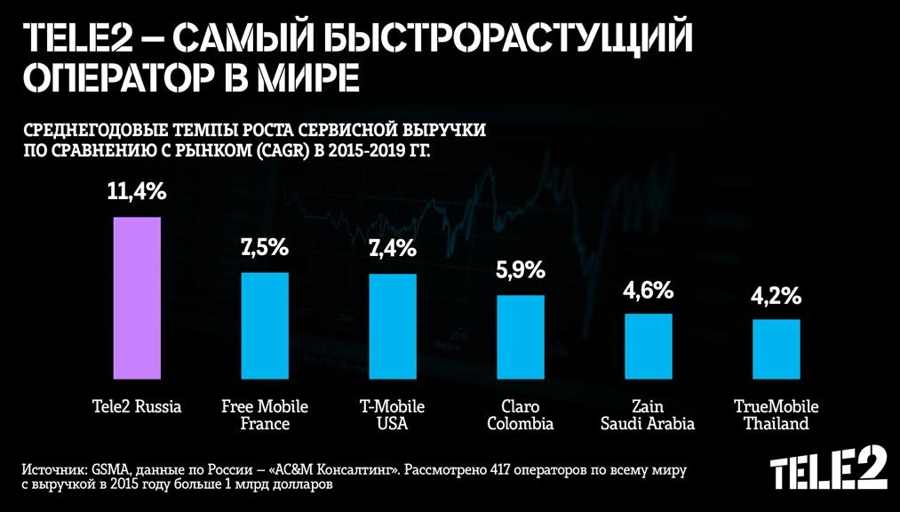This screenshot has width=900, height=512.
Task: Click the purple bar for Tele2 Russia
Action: pos(137,297)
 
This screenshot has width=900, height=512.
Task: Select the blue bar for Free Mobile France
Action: pos(265,324)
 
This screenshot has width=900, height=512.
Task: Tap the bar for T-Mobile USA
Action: pos(393,325)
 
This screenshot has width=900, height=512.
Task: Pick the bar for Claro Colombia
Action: pos(521,336)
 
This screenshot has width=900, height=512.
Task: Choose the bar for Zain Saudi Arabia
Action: pos(649,345)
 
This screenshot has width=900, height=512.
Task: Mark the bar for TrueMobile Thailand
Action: pos(777,348)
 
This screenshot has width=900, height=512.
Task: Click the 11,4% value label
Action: pos(137,191)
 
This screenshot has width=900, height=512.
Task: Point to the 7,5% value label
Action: pos(265,248)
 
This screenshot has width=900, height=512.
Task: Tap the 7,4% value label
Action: pos(393,249)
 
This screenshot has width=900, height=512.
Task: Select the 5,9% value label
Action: pos(521,271)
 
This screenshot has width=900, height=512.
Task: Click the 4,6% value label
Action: pos(649,290)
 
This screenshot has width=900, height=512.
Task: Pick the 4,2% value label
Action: pos(777,296)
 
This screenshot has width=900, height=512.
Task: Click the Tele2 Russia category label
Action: pos(137,407)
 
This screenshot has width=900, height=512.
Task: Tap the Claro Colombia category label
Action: pos(521,415)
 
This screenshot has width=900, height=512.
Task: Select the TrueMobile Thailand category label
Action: pos(777,415)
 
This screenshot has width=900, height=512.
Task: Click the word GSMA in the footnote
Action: pos(106,468)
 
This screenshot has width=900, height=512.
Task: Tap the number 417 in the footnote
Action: pos(503,468)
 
